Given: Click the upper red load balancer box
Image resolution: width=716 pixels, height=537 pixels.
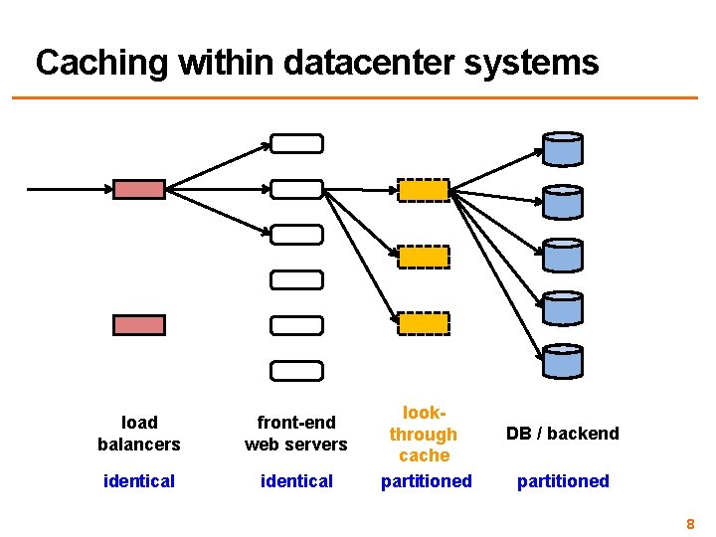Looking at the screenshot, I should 139,189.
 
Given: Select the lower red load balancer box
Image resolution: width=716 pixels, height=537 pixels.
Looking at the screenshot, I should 139,324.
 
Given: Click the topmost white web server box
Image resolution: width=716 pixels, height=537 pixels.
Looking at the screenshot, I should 297,143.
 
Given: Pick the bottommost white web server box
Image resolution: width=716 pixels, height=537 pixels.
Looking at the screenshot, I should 297,371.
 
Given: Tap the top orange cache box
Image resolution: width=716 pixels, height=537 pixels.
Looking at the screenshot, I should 424,190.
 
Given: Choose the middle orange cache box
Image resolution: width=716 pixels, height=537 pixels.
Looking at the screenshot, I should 424,257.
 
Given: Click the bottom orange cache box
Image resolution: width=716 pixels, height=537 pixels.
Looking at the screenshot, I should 424,323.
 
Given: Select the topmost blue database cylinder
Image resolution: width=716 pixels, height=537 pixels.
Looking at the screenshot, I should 563,149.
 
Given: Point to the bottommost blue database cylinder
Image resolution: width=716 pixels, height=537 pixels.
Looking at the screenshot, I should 563,362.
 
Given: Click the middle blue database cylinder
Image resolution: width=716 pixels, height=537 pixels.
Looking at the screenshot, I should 563,256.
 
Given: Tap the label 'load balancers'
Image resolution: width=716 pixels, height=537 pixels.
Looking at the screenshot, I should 139,434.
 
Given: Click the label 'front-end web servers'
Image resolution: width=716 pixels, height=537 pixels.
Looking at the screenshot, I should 296,434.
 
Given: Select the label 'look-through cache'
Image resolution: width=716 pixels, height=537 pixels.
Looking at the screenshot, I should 424,434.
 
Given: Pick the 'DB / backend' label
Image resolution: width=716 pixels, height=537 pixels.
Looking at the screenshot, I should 563,434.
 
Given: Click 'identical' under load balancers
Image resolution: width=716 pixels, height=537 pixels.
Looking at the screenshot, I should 139,481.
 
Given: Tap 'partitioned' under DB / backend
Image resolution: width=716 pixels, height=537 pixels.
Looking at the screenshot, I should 563,481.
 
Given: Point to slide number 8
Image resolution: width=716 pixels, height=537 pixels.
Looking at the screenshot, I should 690,522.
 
